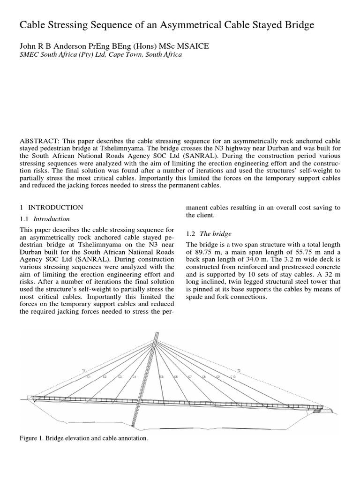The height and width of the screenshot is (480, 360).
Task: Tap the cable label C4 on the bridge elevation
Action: point(135,377)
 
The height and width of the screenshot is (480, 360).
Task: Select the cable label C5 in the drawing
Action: point(162,377)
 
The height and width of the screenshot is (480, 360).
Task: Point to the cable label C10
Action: point(232,377)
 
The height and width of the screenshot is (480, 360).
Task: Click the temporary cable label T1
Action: point(84,371)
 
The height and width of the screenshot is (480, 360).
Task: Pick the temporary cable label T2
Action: point(239,371)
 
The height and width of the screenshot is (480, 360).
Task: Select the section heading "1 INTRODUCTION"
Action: point(52,207)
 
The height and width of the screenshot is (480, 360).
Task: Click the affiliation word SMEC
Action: point(29,54)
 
